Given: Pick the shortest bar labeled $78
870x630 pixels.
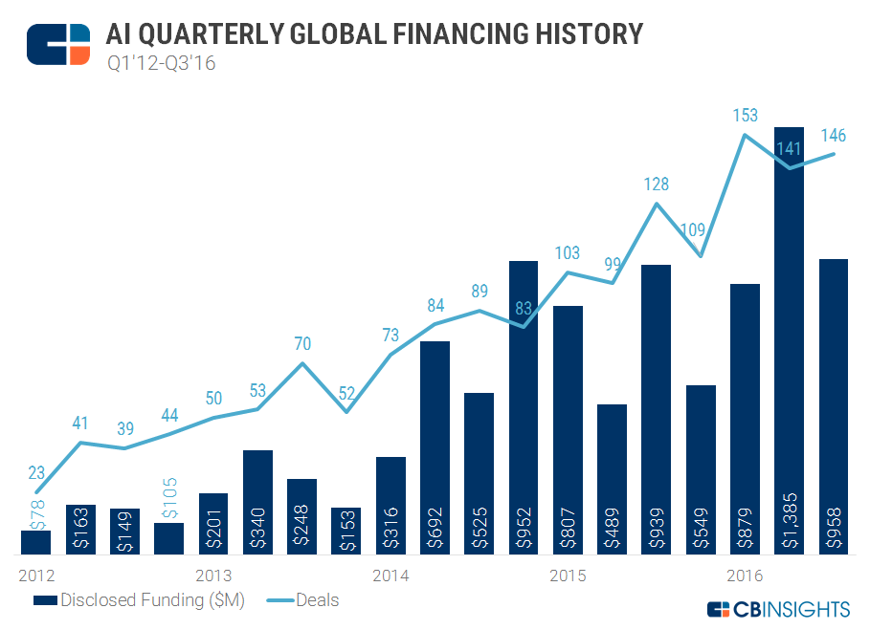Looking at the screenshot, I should [x=35, y=542].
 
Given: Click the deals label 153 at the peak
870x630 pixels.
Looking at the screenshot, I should [x=745, y=116].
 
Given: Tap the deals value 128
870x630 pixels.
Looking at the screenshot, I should [x=657, y=185].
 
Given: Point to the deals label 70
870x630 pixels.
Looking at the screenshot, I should [x=302, y=343].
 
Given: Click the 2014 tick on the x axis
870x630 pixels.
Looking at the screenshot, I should [x=390, y=576].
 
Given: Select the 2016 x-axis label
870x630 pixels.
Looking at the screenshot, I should [x=745, y=576].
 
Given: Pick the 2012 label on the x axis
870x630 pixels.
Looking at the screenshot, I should [x=36, y=576].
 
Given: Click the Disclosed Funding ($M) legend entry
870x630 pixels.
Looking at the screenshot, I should [x=140, y=600].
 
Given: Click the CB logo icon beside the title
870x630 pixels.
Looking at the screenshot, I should [x=57, y=43].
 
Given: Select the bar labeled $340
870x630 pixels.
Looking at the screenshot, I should [x=258, y=502].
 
